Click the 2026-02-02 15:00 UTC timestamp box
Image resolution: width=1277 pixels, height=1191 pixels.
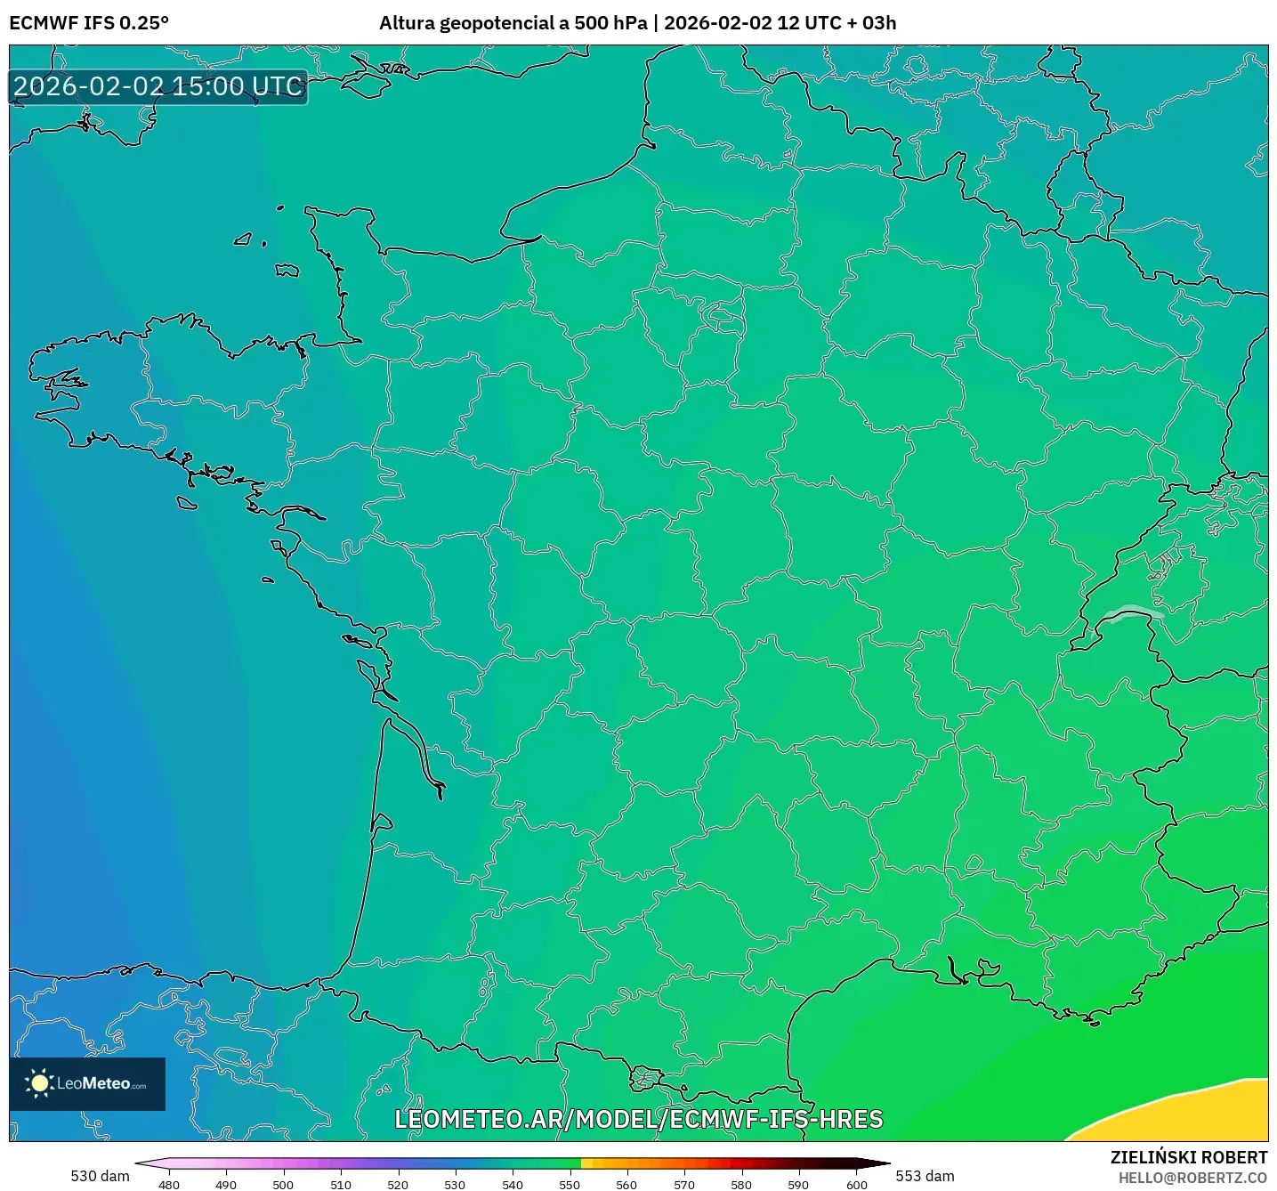click(x=158, y=86)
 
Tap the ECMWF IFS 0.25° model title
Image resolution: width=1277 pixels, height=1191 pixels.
click(x=89, y=23)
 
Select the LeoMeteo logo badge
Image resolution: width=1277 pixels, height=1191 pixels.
click(x=87, y=1083)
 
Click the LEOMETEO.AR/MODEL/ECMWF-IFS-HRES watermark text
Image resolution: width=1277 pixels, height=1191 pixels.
click(x=638, y=1119)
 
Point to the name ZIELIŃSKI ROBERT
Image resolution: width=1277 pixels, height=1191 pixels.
click(x=1188, y=1157)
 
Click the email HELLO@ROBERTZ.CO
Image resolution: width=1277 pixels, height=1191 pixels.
click(x=1192, y=1178)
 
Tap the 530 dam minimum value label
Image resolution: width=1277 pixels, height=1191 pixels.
click(x=100, y=1176)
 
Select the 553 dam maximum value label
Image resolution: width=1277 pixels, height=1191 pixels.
click(x=925, y=1176)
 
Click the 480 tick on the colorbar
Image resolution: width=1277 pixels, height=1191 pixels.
click(x=168, y=1184)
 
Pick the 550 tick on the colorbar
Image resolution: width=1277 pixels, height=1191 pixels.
click(x=570, y=1184)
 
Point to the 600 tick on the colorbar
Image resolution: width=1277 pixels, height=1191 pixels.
click(x=856, y=1184)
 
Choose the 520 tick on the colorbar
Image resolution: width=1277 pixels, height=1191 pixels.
click(x=398, y=1184)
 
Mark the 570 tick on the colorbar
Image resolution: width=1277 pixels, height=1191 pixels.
click(x=684, y=1184)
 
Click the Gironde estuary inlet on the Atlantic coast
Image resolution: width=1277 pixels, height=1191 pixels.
click(x=414, y=752)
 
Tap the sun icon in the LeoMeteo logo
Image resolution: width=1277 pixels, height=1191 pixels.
click(x=39, y=1082)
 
